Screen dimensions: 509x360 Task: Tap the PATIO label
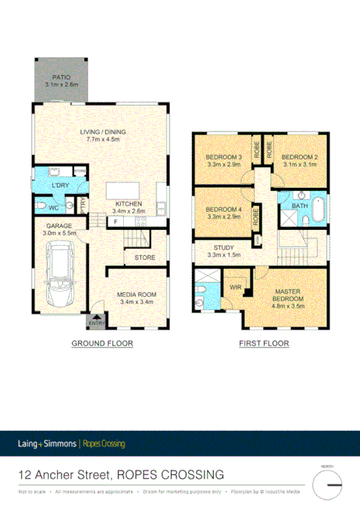click(x=61, y=77)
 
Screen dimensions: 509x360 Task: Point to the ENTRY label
click(x=98, y=325)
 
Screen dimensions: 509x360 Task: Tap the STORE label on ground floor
click(x=145, y=258)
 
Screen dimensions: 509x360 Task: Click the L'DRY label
click(x=60, y=187)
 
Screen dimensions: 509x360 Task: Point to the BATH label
click(x=298, y=206)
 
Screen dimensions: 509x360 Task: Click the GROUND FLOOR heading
click(x=102, y=343)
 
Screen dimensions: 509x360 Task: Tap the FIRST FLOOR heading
click(x=263, y=343)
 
